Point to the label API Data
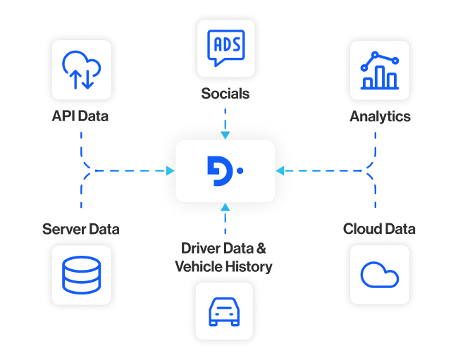coord(80,116)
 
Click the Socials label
coord(225,94)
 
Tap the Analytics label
coord(380,117)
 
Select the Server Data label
coord(80,230)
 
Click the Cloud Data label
coord(379,229)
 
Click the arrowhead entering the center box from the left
coord(171,170)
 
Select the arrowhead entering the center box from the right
coord(280,170)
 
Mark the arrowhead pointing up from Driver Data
coord(225,207)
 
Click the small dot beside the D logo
coord(240,170)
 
